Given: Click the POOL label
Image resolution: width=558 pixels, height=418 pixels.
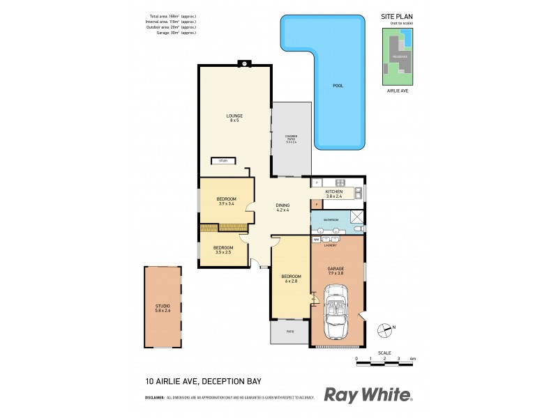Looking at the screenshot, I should coord(338,86).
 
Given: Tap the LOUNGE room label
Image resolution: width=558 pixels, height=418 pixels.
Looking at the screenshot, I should coord(234,118).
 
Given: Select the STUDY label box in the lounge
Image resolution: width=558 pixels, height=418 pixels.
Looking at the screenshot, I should coord(224,161).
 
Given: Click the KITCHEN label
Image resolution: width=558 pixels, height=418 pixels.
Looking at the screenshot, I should coord(335,194).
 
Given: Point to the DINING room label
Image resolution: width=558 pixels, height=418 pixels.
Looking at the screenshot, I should coord(282,208).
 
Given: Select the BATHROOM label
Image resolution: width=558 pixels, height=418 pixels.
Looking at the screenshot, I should coord(331,220).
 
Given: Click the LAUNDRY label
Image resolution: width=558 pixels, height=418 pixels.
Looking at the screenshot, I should coord(331,245).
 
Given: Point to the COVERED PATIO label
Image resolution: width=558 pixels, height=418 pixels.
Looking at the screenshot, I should coord(292,139).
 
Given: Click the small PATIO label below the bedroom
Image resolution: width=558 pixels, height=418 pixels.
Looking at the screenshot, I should coord(289,332).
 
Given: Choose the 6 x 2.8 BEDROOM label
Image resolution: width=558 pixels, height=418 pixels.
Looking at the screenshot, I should coord(290,279).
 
